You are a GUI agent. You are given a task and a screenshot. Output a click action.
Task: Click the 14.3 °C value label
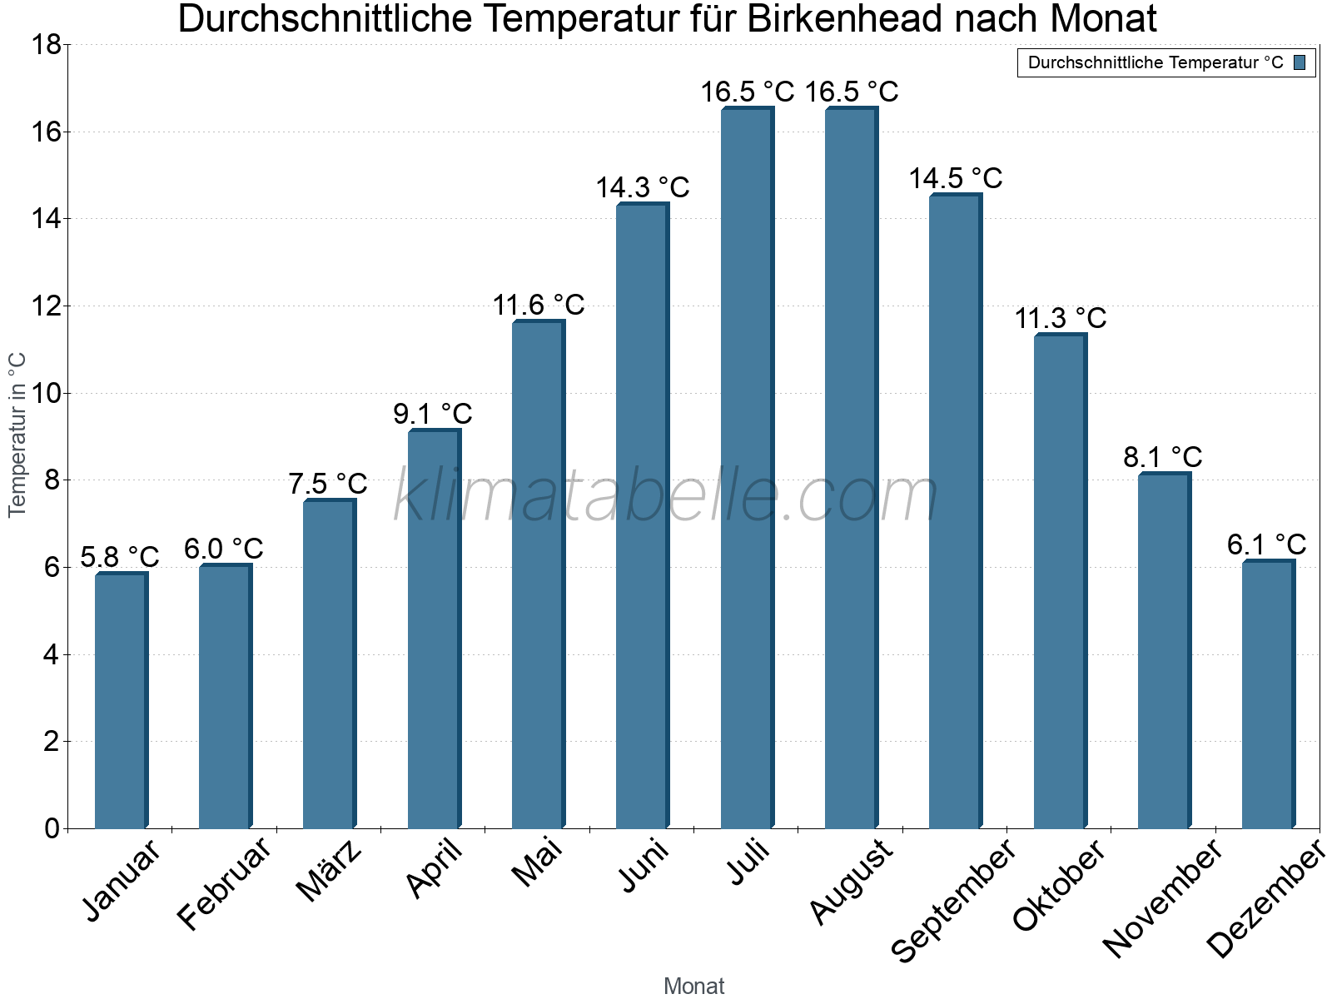(642, 187)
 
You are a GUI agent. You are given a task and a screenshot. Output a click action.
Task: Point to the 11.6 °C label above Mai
(538, 305)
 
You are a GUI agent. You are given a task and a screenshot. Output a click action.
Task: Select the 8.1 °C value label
(1162, 457)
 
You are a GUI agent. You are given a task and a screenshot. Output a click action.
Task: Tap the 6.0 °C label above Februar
(223, 549)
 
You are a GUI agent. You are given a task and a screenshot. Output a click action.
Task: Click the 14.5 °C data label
(955, 178)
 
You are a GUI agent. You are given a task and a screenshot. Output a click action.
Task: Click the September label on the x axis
(953, 900)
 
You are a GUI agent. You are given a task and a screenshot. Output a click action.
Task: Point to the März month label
(330, 871)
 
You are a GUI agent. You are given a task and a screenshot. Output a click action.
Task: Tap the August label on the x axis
(851, 882)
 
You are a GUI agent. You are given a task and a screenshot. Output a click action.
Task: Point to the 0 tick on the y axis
(52, 828)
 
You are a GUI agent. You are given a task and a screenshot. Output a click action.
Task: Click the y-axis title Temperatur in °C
(17, 435)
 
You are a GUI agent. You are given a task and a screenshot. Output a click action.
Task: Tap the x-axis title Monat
(693, 986)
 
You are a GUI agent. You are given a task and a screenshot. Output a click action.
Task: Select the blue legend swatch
(1300, 62)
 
